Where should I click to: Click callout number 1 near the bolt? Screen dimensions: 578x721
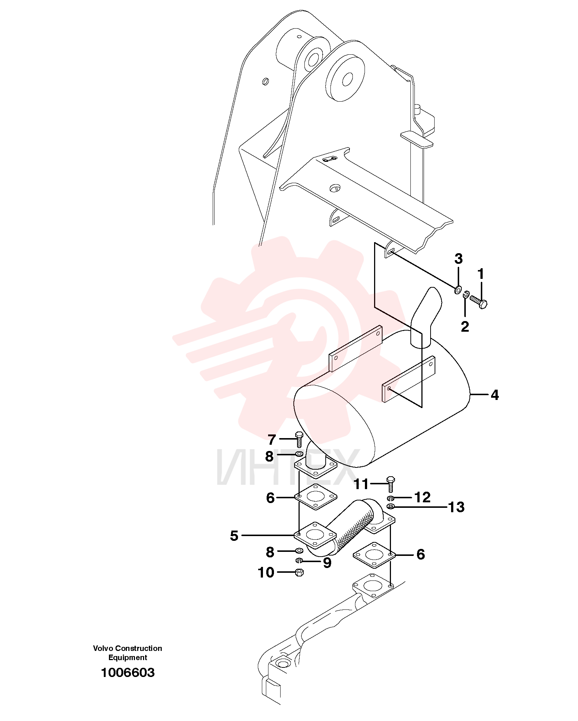point(480,274)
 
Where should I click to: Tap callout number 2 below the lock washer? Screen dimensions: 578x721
point(465,326)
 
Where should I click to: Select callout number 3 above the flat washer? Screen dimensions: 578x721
point(458,259)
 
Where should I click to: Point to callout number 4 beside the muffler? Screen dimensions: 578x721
point(495,395)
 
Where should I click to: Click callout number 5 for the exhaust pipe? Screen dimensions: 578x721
point(234,536)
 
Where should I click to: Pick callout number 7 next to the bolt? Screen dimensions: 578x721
point(271,439)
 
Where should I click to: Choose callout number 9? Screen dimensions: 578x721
point(327,562)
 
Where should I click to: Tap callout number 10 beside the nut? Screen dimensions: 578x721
point(266,572)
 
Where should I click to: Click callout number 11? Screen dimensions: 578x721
point(361,484)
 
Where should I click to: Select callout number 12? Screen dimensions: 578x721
point(422,497)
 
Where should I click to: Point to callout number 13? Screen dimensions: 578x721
point(456,507)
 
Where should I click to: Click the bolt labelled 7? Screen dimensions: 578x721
point(299,439)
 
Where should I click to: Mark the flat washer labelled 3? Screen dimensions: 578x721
point(458,290)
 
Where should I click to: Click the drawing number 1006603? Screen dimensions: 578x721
point(128,673)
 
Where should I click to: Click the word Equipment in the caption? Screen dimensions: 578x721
point(128,658)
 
